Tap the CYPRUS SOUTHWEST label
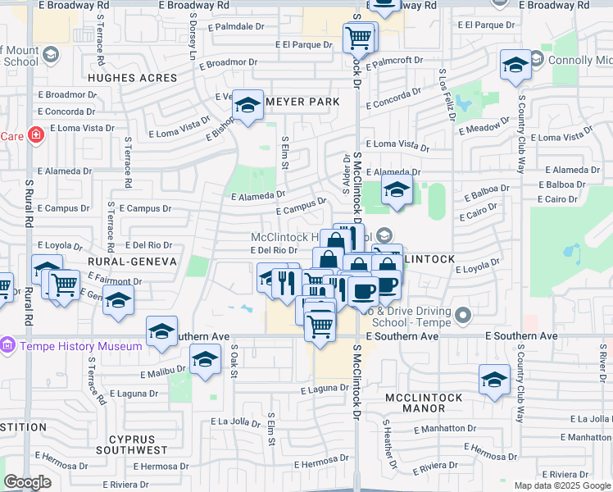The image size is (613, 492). coord(131,444)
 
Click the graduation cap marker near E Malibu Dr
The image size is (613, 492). coord(205,359)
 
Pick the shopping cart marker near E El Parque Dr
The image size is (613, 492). coord(358,38)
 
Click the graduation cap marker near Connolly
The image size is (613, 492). coord(515,66)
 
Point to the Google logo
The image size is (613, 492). coord(27,482)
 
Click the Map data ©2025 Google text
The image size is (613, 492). coord(563,485)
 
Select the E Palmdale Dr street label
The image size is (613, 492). coord(236,26)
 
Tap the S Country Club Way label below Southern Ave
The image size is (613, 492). coord(520,393)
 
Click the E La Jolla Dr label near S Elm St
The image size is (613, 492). coord(235,421)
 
